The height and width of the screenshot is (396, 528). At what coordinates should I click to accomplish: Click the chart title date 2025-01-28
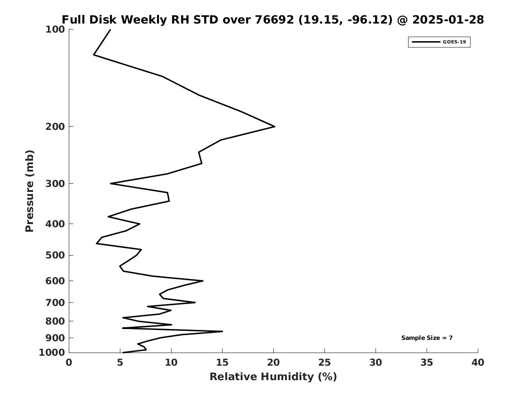[x=448, y=20]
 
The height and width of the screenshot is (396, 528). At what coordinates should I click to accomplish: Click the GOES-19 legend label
[x=454, y=42]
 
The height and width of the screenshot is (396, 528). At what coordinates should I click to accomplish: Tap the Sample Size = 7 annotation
[x=427, y=338]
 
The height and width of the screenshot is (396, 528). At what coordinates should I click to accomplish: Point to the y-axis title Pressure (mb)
[x=30, y=191]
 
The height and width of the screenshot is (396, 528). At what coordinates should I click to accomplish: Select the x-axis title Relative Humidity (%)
[x=273, y=377]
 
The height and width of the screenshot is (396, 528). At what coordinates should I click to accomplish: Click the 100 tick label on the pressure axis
[x=55, y=29]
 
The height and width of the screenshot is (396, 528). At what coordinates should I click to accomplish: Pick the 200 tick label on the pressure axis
[x=55, y=126]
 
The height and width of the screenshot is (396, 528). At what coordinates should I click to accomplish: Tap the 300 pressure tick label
[x=55, y=183]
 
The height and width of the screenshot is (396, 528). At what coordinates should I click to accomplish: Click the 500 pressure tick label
[x=55, y=255]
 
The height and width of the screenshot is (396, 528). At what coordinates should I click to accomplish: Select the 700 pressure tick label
[x=55, y=302]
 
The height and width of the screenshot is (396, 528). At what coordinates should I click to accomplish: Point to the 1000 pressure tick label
[x=52, y=353]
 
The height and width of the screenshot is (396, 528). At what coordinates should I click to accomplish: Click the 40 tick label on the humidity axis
[x=478, y=363]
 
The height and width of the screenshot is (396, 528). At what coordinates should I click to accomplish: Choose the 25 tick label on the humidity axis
[x=324, y=363]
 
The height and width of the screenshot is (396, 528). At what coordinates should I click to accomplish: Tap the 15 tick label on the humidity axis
[x=222, y=363]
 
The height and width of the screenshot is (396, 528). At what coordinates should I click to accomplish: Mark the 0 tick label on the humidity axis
[x=69, y=363]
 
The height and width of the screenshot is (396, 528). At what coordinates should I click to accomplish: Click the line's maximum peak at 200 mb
[x=274, y=126]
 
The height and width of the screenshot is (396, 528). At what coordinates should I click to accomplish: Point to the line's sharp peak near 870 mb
[x=222, y=331]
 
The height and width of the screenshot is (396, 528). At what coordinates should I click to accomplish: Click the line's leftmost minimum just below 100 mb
[x=94, y=55]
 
